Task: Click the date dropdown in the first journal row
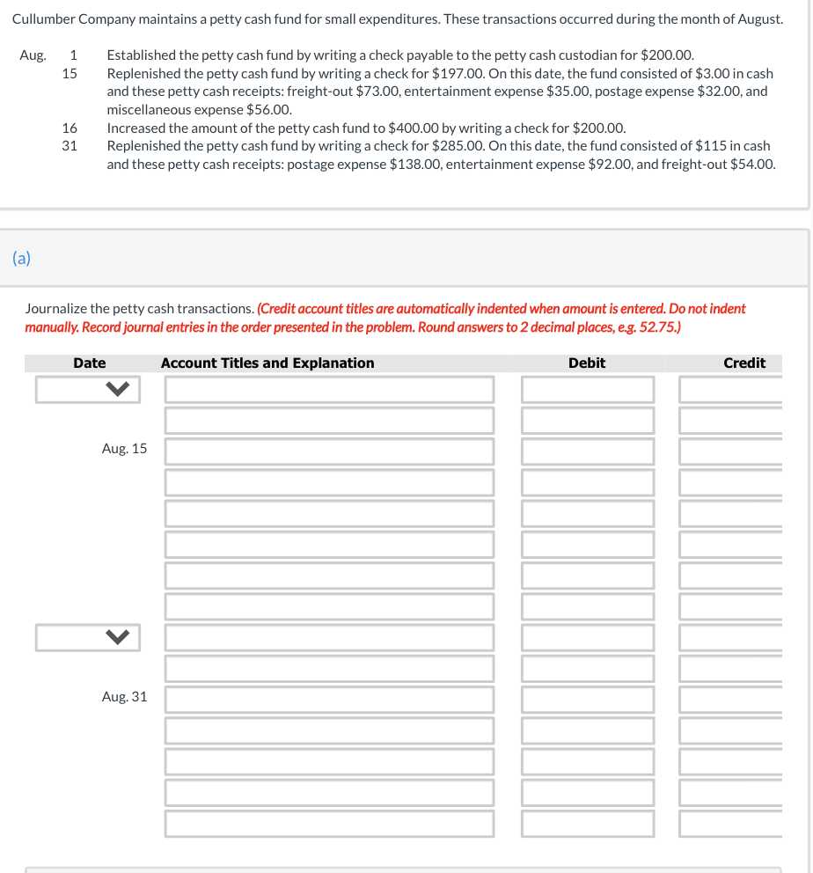coord(88,389)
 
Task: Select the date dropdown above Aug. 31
coord(88,637)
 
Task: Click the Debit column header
coord(586,363)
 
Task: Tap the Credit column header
coord(743,363)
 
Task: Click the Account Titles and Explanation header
coord(267,363)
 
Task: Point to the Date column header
coord(89,363)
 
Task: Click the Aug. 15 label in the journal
coord(124,449)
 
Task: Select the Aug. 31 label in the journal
coord(124,697)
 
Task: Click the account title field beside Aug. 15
coord(329,451)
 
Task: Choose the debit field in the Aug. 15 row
coord(587,451)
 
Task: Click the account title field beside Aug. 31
coord(329,700)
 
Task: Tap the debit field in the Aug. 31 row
coord(587,700)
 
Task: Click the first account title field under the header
coord(329,389)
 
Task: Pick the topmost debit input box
coord(587,389)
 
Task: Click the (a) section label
coord(21,258)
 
